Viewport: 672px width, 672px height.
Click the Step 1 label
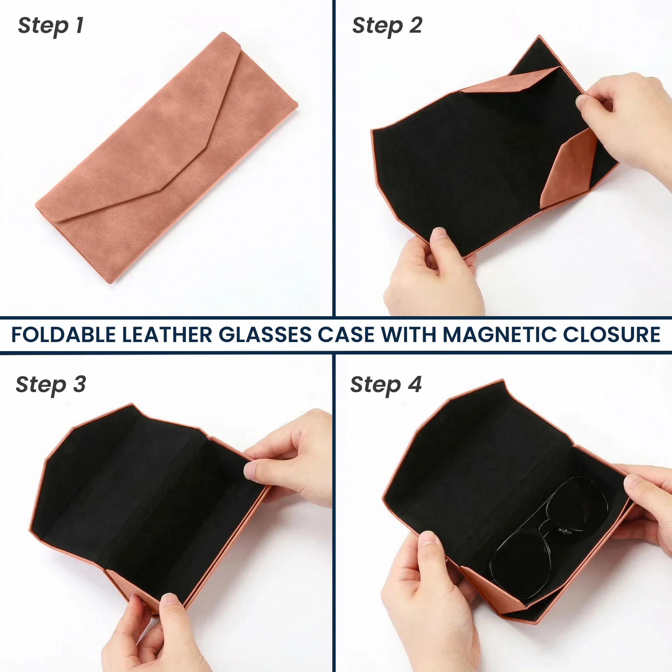pos(51,27)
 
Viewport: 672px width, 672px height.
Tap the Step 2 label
pos(387,27)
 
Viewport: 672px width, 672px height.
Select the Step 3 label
pos(51,385)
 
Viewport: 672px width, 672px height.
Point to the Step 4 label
pos(386,385)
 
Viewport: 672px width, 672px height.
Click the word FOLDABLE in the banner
pos(63,335)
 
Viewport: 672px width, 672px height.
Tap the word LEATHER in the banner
pos(167,335)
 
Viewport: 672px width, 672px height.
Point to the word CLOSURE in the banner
pos(612,335)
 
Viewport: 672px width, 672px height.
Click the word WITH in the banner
pos(409,335)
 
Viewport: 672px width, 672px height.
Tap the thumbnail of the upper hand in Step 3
pos(250,470)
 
